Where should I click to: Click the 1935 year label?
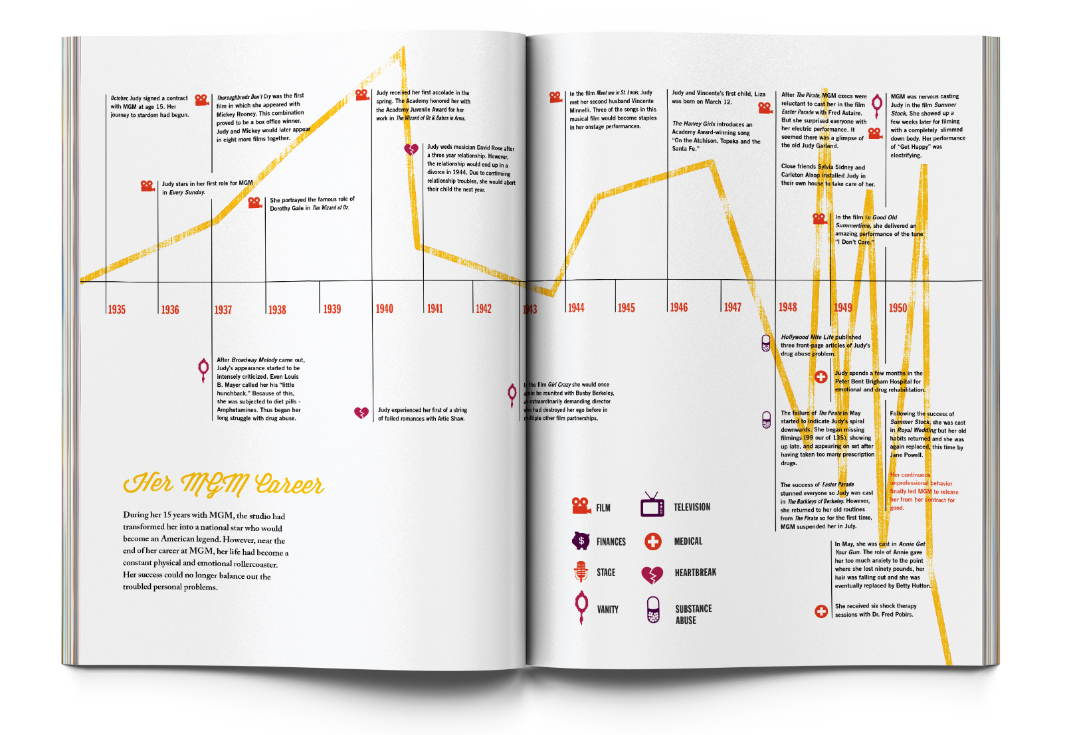(117, 310)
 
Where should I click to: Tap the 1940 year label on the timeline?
(385, 309)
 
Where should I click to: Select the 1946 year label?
(679, 308)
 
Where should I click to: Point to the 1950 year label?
(898, 308)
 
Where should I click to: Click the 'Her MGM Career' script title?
(223, 484)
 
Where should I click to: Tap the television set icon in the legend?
(652, 506)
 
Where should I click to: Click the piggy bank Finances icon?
(581, 541)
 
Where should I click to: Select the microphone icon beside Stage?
(581, 572)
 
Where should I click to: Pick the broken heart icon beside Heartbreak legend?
(652, 574)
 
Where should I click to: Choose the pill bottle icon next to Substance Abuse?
(653, 609)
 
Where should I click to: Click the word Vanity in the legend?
(607, 609)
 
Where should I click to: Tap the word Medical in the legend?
(688, 542)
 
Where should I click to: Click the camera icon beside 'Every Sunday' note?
(147, 185)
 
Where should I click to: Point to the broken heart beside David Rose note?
(412, 150)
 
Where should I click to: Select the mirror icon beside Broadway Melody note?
(204, 369)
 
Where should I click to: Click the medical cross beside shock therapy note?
(821, 611)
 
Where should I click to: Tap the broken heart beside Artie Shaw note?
(361, 413)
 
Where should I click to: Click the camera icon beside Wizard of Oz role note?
(255, 202)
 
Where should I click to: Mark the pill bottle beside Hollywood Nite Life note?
(766, 343)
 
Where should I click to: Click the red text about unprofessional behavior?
(923, 491)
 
